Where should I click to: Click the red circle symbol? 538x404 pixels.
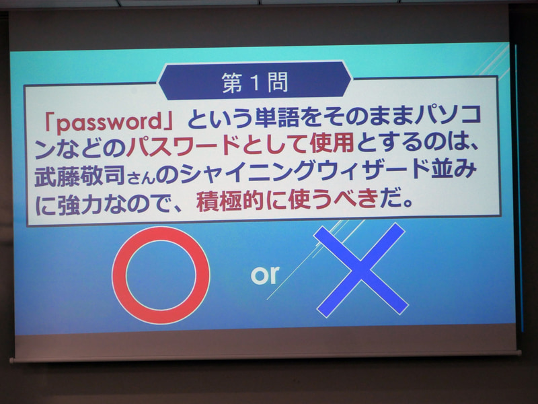[161, 275]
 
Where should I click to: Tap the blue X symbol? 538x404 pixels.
[362, 269]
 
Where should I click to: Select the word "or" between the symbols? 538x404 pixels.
[264, 275]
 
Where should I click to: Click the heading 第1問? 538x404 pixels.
[255, 82]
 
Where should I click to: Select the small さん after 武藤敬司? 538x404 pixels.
[132, 176]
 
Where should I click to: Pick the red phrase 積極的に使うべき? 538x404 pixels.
[284, 201]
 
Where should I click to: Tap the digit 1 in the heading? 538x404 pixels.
[256, 82]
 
